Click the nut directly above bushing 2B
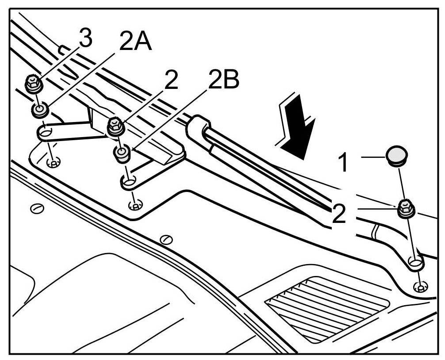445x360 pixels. (x=115, y=126)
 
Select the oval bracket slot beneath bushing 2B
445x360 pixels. (x=129, y=182)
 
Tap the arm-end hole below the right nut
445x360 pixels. (x=415, y=263)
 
